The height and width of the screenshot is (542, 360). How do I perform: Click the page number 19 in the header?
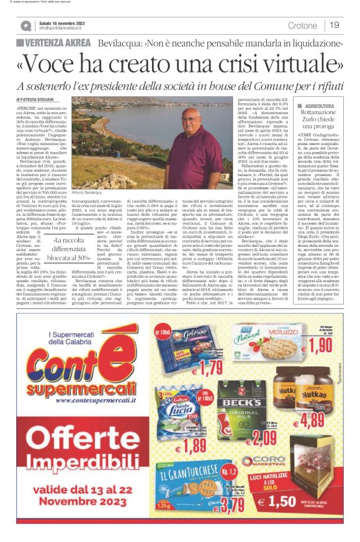click(x=335, y=25)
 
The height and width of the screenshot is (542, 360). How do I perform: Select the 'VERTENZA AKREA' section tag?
click(x=56, y=42)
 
